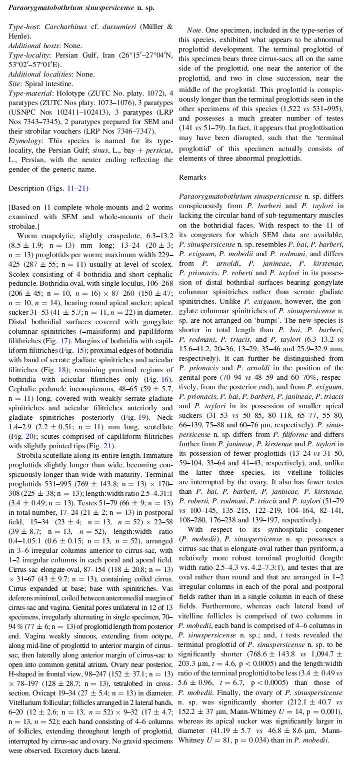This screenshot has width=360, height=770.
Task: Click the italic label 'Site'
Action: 15,84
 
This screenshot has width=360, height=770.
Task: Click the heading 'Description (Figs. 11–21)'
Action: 48,188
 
